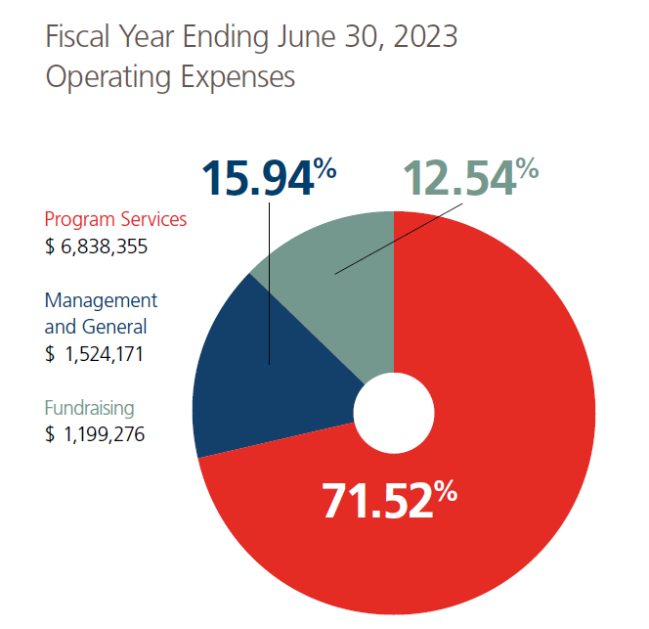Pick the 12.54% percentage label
[471, 179]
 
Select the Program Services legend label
[115, 219]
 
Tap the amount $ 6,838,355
[96, 247]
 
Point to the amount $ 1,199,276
[95, 434]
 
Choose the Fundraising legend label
[90, 408]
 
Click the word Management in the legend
[101, 300]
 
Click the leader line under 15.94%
[269, 293]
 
